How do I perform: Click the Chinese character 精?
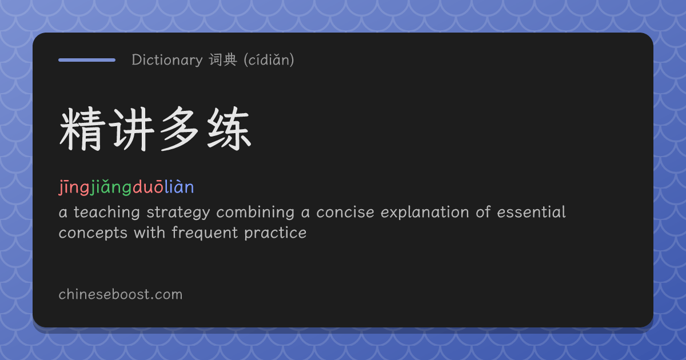click(81, 129)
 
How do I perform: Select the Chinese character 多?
click(180, 129)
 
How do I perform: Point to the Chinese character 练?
click(229, 129)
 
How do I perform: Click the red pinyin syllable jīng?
click(74, 187)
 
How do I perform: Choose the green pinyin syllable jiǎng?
click(111, 187)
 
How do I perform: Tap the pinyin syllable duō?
click(148, 187)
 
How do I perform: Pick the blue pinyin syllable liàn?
click(180, 187)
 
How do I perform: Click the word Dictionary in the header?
click(167, 59)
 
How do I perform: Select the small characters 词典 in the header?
click(223, 59)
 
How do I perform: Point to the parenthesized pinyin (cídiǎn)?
click(269, 59)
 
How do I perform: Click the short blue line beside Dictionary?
click(87, 60)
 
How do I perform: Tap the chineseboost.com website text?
click(121, 294)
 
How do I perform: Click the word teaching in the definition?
click(107, 212)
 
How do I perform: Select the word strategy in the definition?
click(178, 213)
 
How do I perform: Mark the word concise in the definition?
click(345, 212)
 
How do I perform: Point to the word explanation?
click(425, 213)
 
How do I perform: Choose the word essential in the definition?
click(531, 212)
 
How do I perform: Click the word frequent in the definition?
click(205, 233)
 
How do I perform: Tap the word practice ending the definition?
click(276, 234)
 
